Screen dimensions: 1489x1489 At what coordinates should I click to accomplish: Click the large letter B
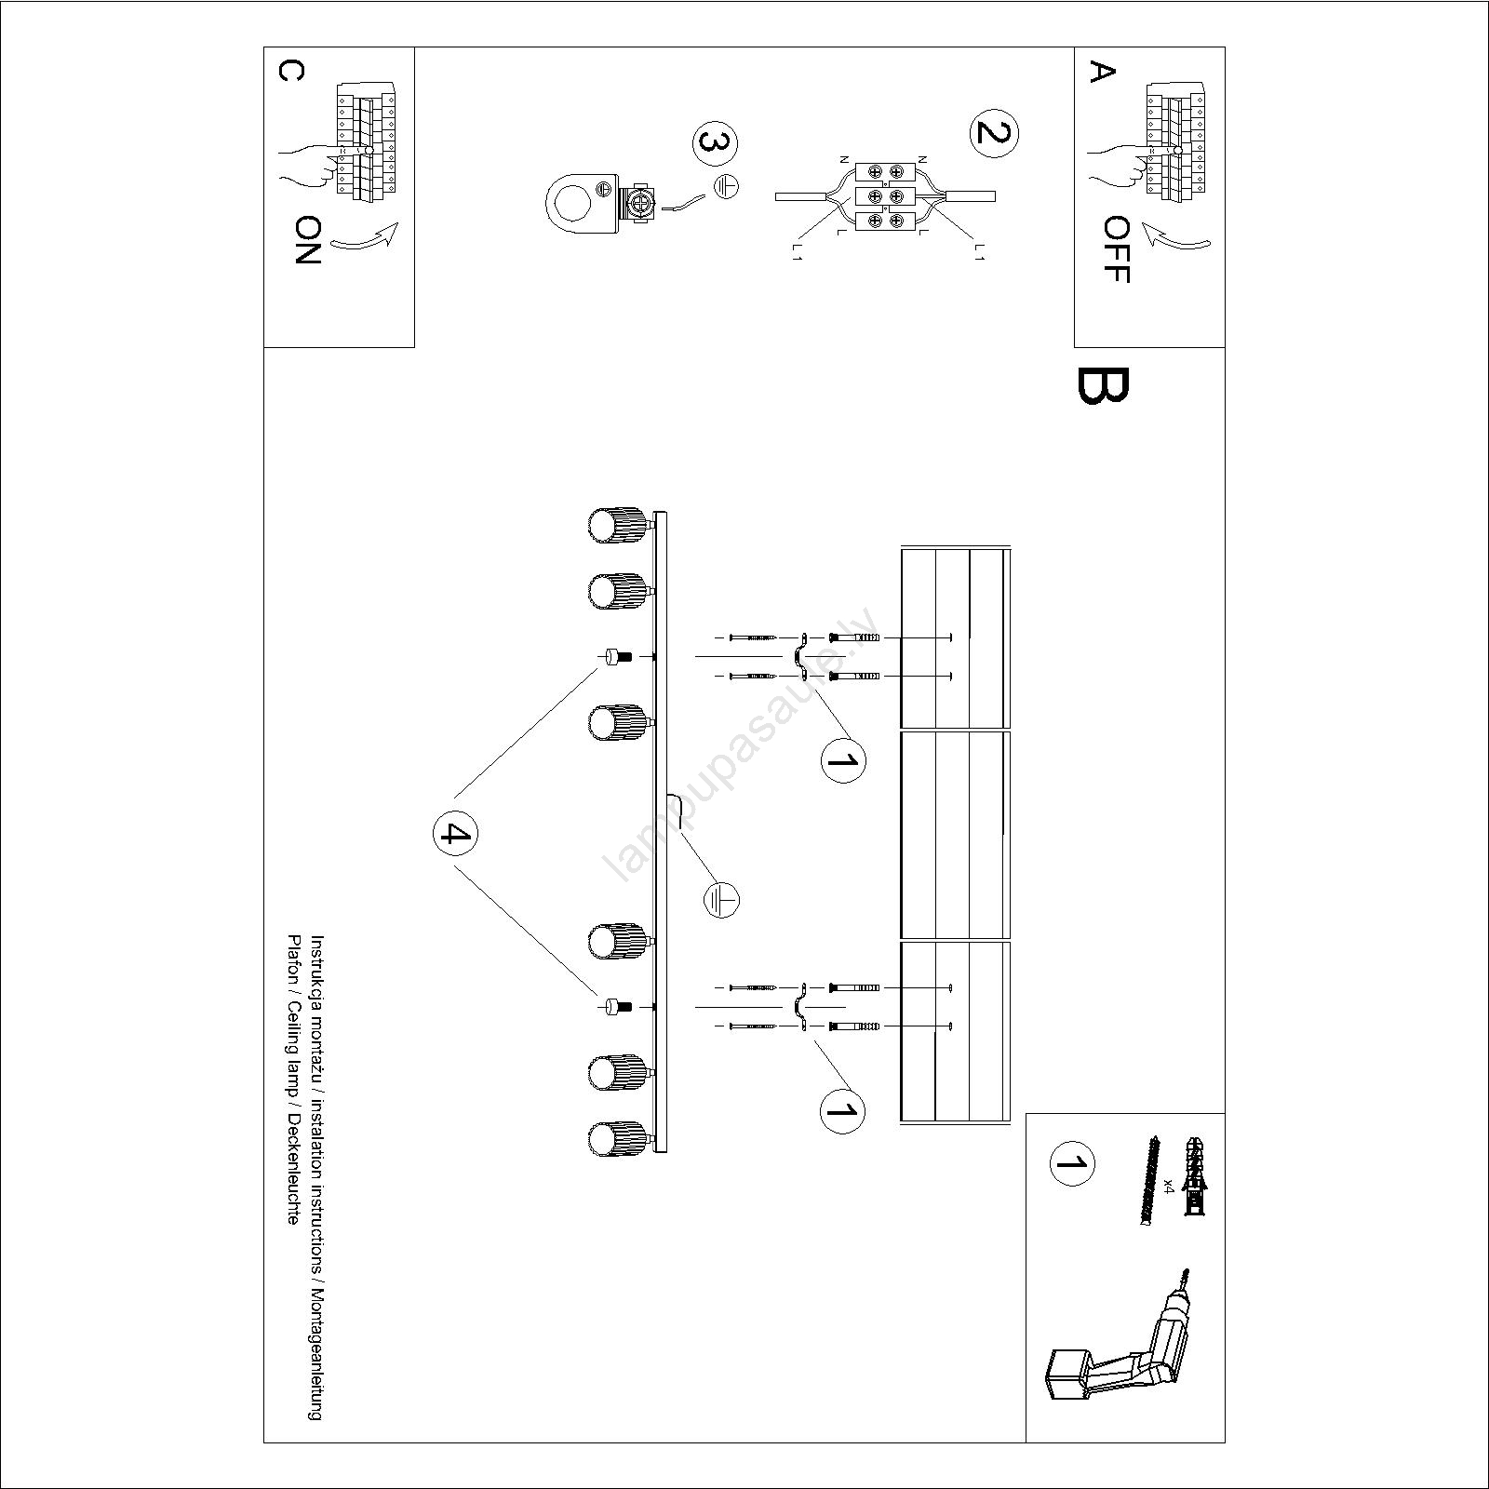coord(1103,386)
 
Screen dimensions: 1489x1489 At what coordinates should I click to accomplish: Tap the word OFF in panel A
coord(1115,249)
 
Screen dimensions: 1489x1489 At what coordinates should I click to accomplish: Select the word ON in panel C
coord(307,241)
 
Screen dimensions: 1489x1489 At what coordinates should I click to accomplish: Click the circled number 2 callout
coord(994,134)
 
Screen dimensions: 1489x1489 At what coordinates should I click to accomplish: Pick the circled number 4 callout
coord(455,833)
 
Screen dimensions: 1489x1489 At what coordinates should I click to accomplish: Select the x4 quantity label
coord(1169,1186)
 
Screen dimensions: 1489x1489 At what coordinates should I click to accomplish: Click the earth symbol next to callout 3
coord(726,186)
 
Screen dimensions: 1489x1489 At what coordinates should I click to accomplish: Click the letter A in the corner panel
coord(1102,71)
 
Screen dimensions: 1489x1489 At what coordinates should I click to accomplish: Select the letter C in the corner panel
coord(290,71)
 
